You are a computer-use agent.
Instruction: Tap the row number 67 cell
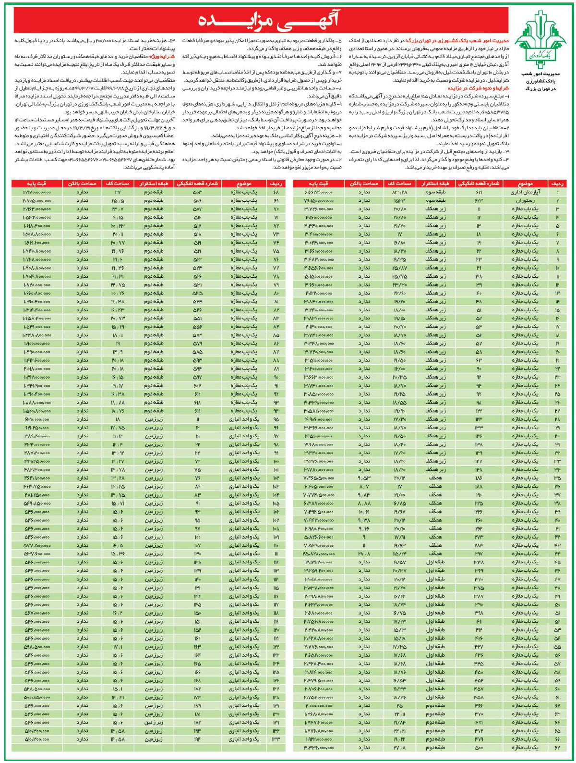[x=558, y=748]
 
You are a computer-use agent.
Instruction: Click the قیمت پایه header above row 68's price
[x=37, y=184]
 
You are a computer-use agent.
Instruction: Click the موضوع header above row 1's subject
[x=529, y=184]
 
